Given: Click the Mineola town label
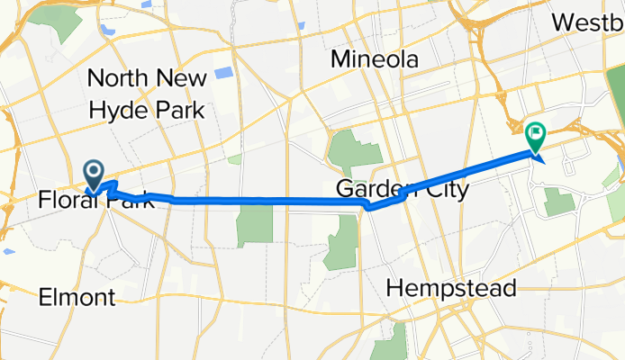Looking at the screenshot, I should pos(375,60).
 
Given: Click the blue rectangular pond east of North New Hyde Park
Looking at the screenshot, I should pos(224,74).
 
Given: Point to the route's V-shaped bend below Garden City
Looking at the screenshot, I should pos(370,207).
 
